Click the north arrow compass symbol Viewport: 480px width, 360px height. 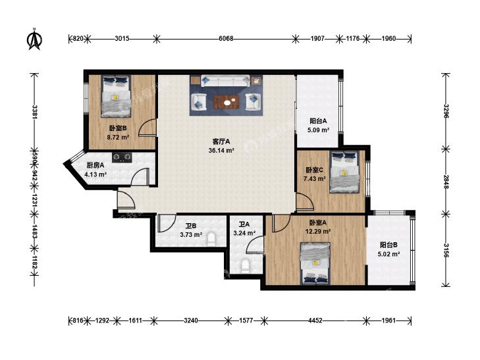35,39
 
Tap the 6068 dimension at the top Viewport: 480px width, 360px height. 226,39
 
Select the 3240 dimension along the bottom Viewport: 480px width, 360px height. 191,321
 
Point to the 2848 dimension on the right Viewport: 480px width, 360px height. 446,182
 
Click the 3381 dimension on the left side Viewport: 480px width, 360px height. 35,112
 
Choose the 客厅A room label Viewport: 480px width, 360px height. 221,141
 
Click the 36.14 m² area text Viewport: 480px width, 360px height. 221,151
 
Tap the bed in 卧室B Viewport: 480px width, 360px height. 116,96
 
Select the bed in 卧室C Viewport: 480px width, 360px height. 344,172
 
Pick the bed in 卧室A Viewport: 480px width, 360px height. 315,263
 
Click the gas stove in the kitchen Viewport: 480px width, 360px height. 122,157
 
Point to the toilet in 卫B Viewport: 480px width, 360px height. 211,240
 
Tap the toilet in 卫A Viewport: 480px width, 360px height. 245,267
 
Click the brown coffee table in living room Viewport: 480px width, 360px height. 227,102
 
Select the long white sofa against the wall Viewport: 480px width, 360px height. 225,81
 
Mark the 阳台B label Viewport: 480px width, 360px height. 388,245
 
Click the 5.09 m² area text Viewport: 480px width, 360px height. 319,130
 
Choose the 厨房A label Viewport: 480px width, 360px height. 95,165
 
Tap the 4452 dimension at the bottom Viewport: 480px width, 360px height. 315,321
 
